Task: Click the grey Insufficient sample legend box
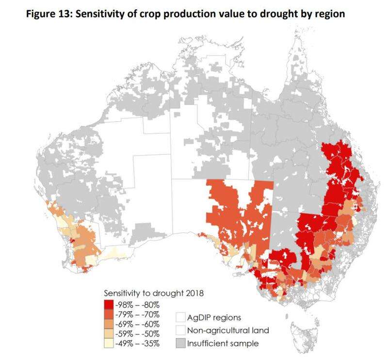(x=181, y=344)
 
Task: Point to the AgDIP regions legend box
(x=181, y=318)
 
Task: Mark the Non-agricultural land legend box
(x=181, y=331)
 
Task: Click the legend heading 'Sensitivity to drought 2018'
(x=152, y=293)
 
